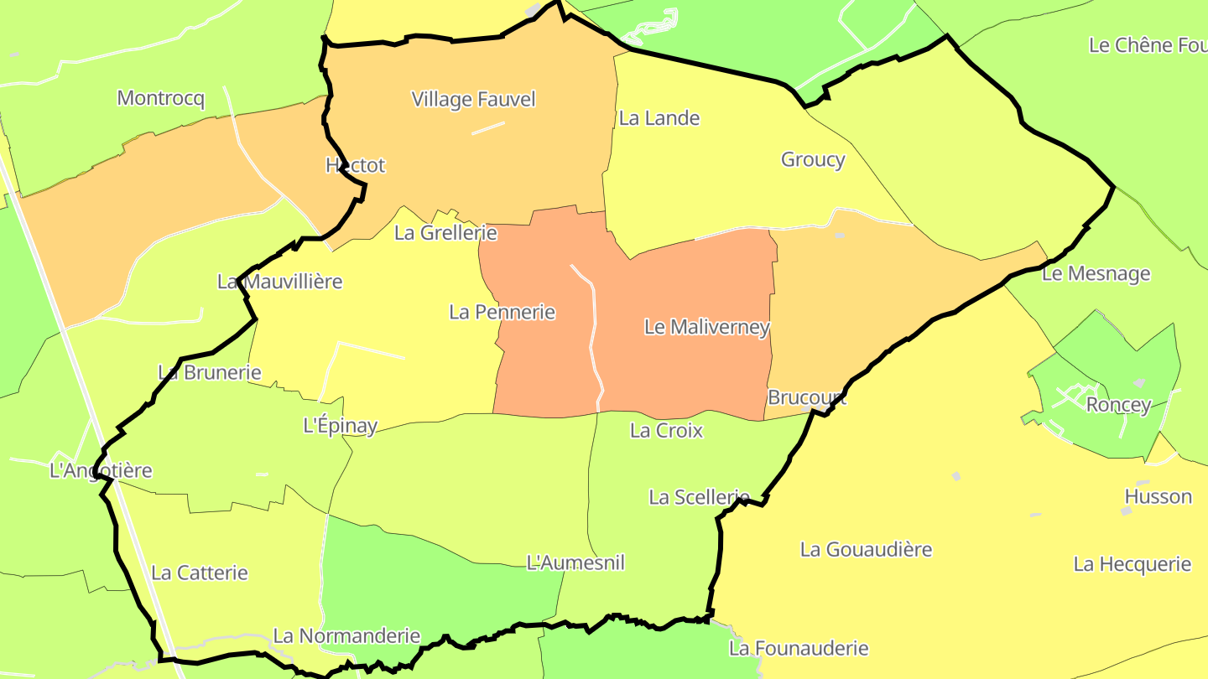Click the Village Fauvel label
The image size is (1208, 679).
pos(473,99)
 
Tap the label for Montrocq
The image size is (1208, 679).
pos(161,98)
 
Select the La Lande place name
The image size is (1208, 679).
pos(659,118)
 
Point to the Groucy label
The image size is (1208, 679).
pos(813,159)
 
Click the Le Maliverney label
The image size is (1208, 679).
pos(707,327)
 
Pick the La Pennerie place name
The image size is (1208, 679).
pos(502,312)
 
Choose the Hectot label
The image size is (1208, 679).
pos(356,165)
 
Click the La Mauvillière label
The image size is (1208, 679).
pos(280,281)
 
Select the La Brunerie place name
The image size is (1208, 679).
pos(210,372)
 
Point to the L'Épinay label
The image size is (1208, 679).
pos(340,426)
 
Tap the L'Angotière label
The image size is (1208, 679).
pos(102,470)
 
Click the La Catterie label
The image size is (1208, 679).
pos(200,573)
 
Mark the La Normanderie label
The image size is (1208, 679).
pos(346,635)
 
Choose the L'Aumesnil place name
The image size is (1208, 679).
pos(575,562)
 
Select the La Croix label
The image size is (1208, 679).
pos(666,431)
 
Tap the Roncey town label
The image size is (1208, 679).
pos(1119,405)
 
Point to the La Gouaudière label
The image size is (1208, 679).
pos(866,550)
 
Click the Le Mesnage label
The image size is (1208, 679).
pos(1096,274)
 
